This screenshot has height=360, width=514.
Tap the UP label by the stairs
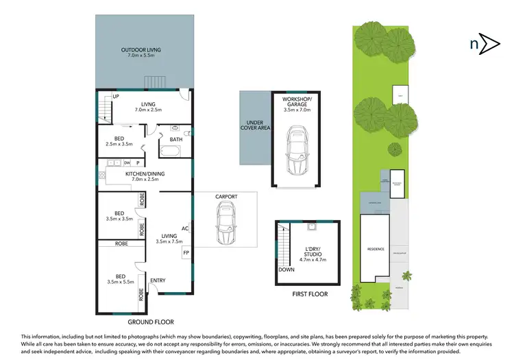(116, 97)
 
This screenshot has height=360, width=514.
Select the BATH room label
(176, 139)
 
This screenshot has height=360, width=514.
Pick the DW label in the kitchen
(127, 163)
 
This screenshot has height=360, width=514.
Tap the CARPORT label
(226, 197)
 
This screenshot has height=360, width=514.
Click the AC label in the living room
(185, 229)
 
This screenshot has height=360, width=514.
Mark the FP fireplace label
(186, 254)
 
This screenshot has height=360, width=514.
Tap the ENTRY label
(157, 280)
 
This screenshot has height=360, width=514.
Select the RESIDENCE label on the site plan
(376, 249)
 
